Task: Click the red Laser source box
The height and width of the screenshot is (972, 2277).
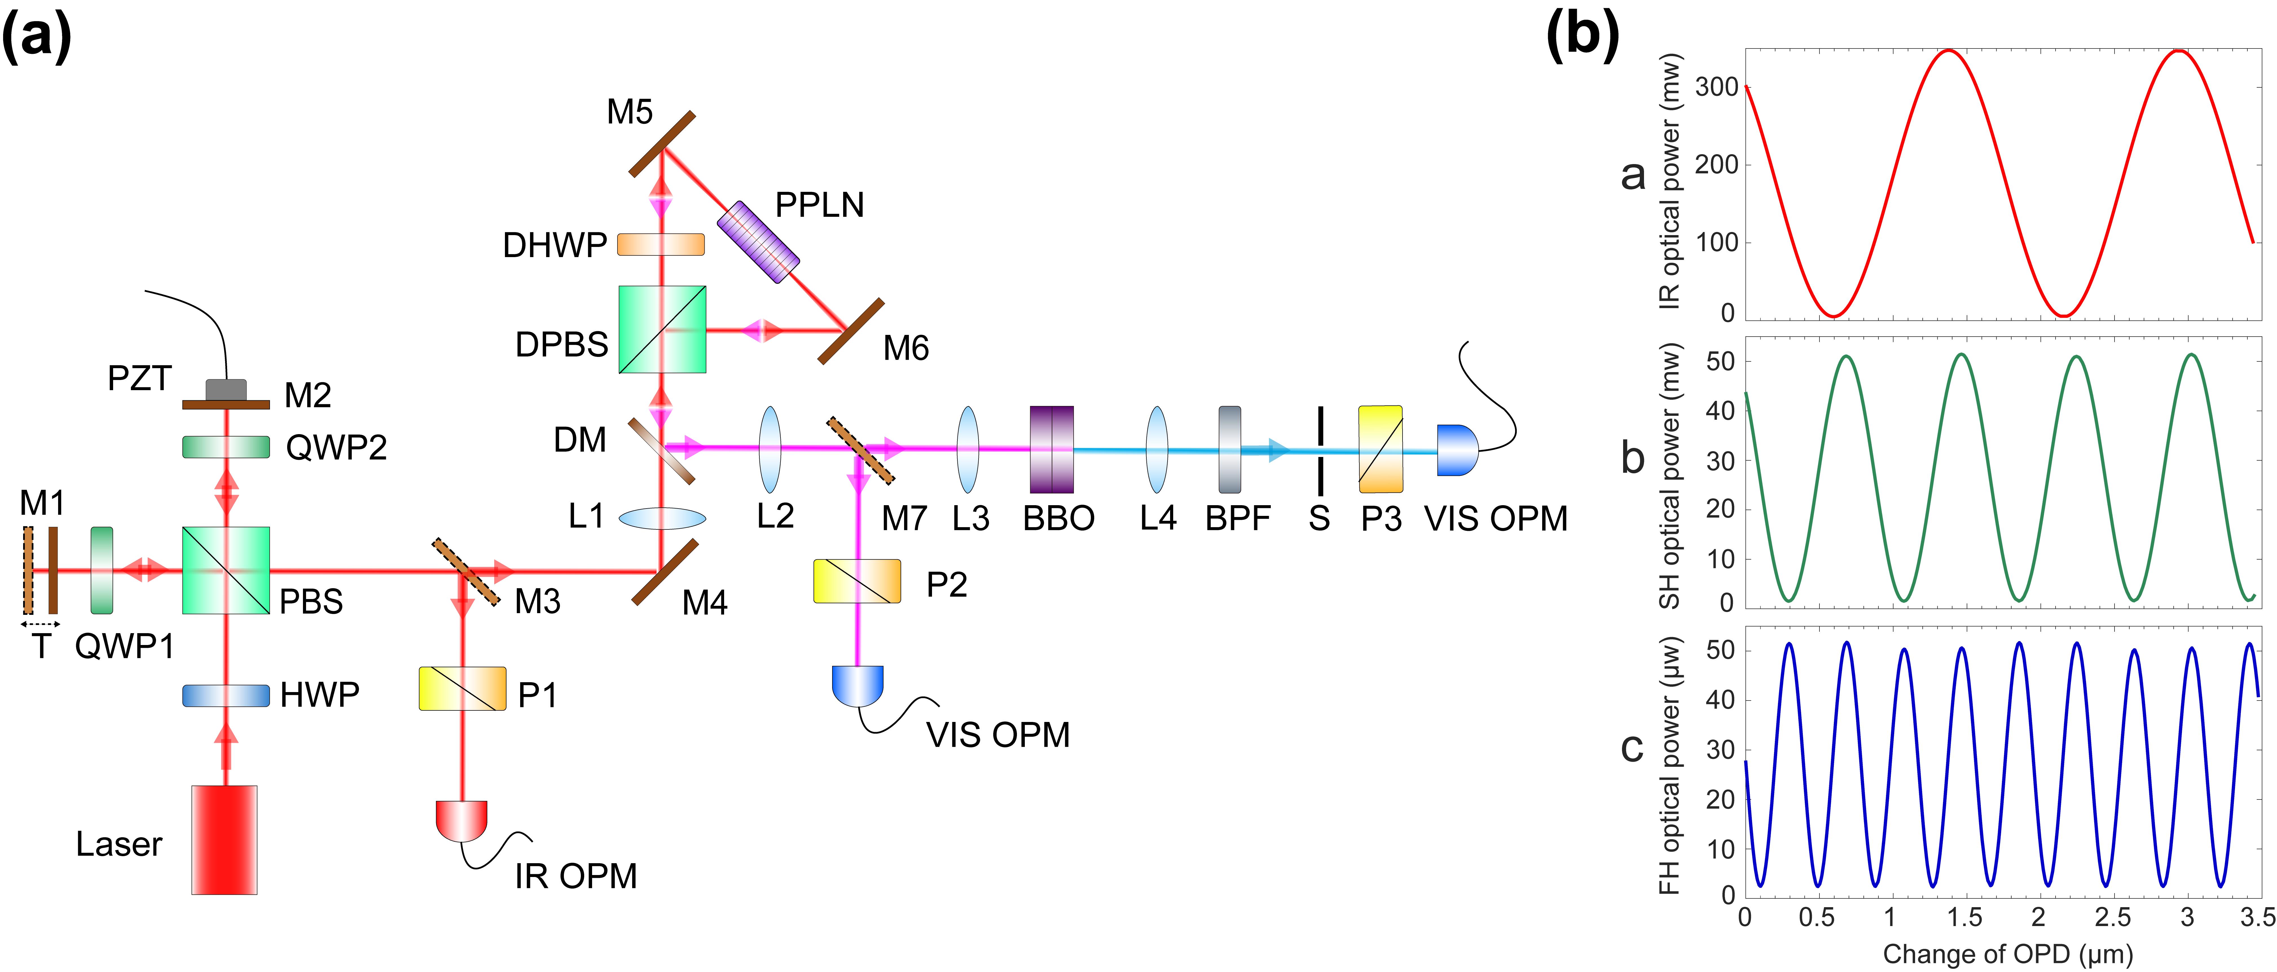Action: point(225,840)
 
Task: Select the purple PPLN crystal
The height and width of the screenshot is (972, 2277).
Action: point(757,242)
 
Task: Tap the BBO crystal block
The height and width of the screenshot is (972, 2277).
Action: point(1052,449)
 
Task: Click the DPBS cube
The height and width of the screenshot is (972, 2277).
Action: point(662,329)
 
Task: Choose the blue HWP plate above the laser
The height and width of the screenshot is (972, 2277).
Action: point(225,695)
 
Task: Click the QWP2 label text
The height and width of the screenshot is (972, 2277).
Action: point(336,448)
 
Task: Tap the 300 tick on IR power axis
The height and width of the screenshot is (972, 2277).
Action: point(1716,87)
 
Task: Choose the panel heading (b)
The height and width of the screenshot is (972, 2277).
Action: point(1582,37)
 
